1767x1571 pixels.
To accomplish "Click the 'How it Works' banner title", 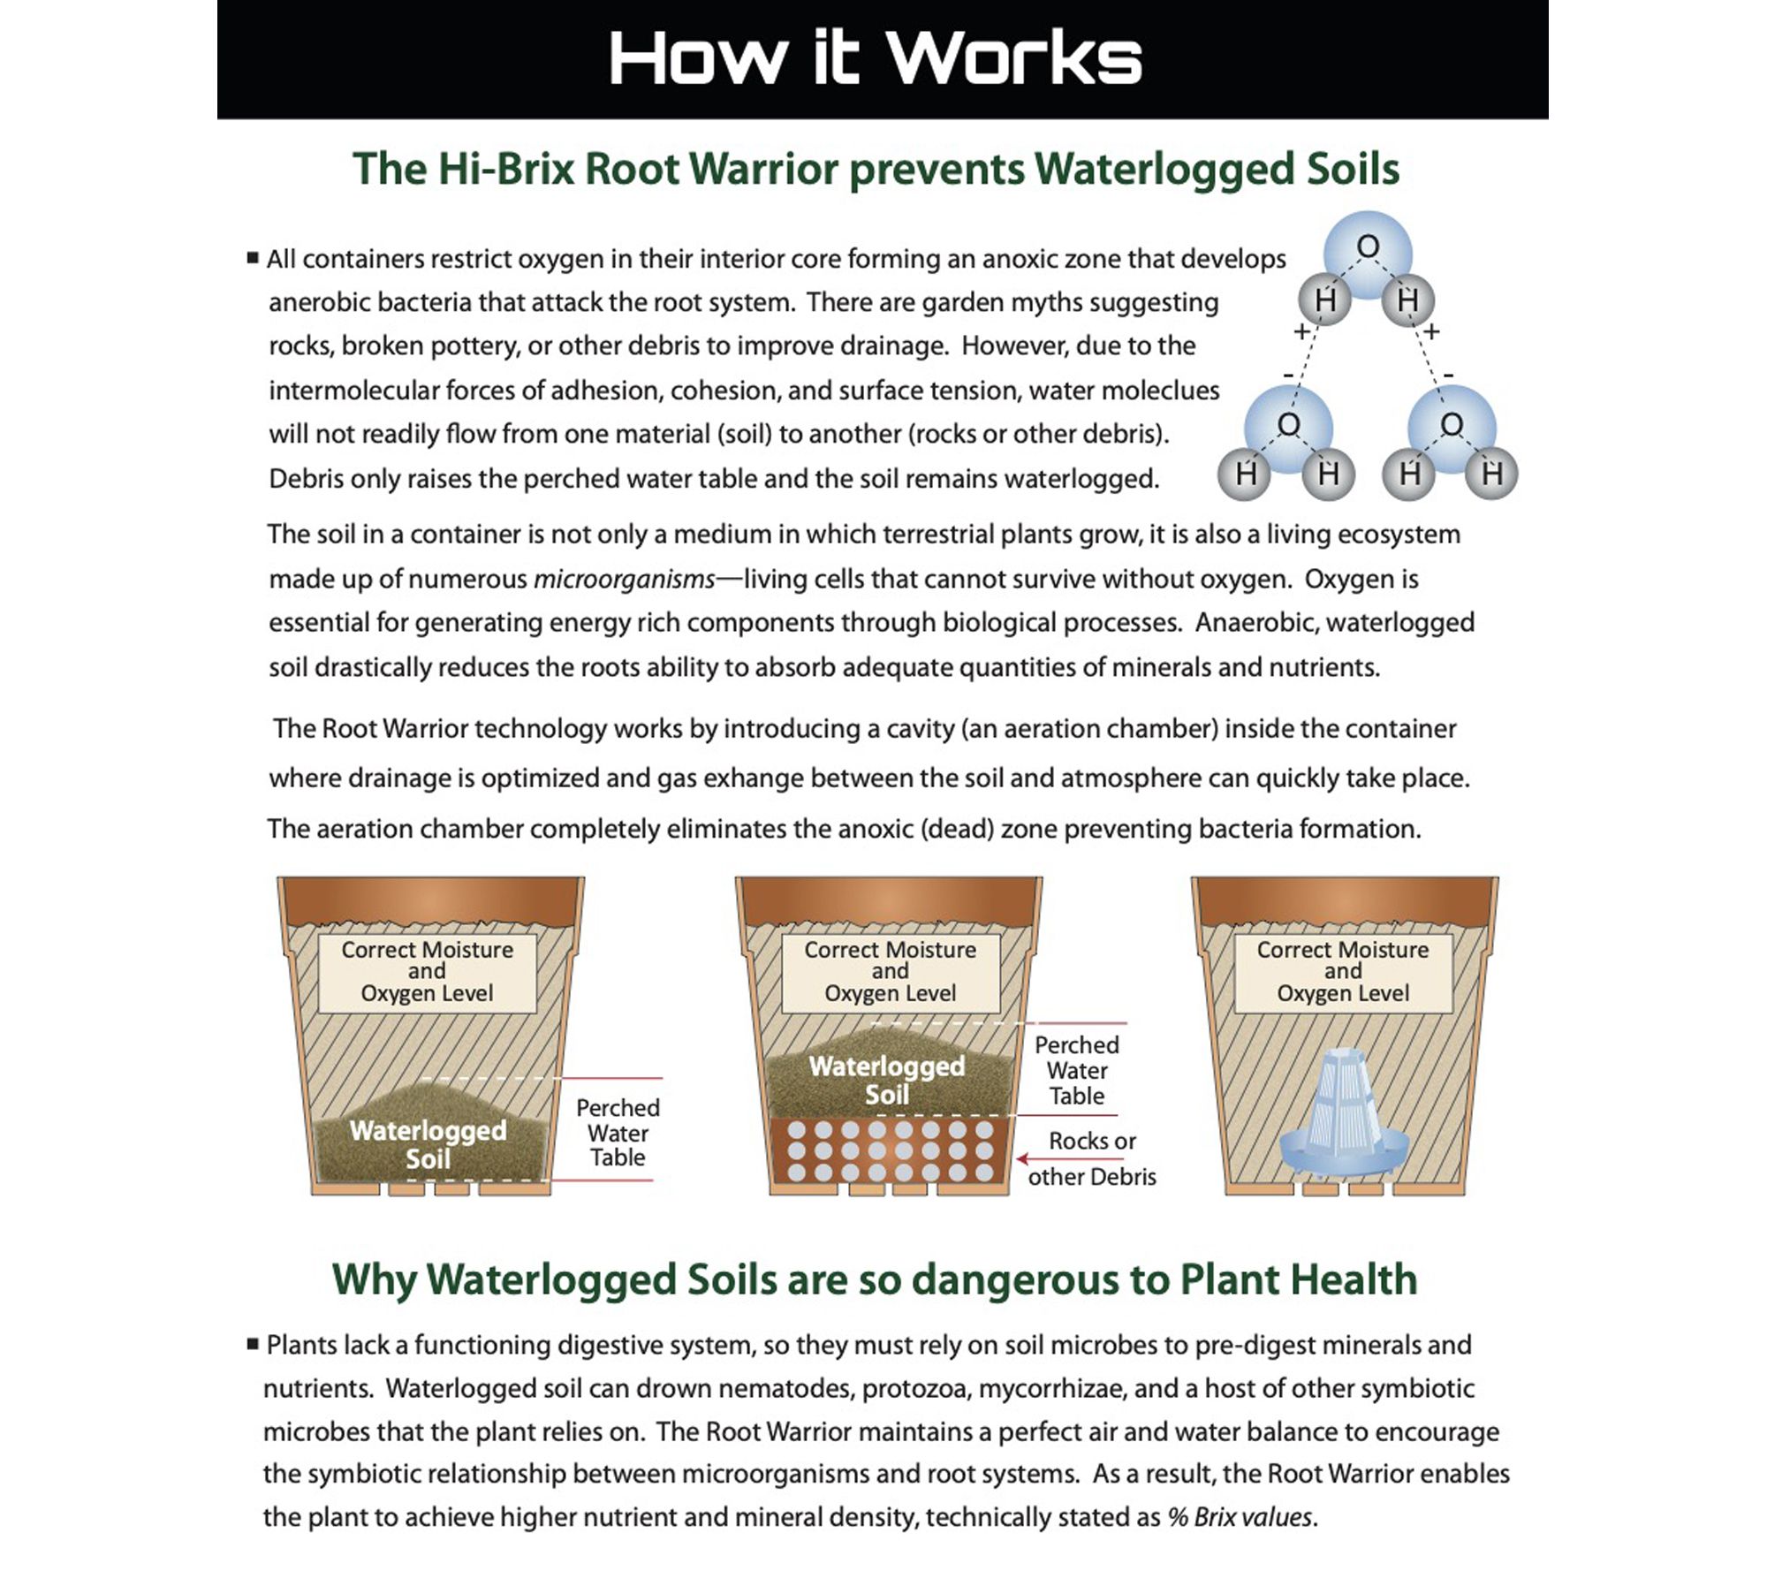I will [875, 58].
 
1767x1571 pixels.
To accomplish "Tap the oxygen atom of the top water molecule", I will [1368, 247].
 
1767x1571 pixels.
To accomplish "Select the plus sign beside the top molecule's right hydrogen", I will [1432, 331].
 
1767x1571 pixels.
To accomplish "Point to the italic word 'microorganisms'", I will [624, 580].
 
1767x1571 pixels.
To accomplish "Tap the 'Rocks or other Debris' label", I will [1092, 1158].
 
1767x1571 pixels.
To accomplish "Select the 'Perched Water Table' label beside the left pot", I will [618, 1132].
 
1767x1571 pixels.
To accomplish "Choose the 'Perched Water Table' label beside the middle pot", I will [1076, 1070].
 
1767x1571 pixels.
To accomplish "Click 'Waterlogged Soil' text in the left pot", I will [428, 1144].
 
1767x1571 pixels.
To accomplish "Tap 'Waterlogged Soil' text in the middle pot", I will [887, 1080].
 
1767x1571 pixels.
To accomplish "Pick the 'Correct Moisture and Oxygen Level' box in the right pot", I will [1343, 971].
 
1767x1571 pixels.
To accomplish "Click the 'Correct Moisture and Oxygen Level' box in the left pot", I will [427, 971].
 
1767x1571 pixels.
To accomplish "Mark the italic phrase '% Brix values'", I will [1240, 1516].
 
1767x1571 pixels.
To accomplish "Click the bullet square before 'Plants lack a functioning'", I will [253, 1343].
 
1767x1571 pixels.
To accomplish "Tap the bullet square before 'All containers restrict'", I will [253, 258].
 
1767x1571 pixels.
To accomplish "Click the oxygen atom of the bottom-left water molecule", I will [1289, 425].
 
